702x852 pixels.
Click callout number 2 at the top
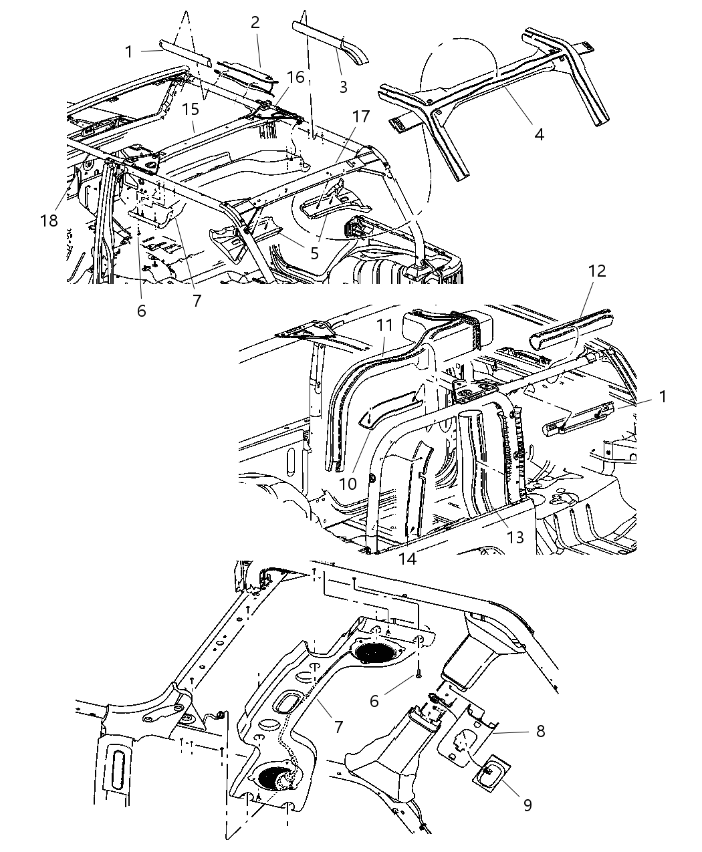pos(255,23)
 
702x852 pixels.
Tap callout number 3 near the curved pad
pos(343,86)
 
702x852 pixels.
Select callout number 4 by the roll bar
pos(538,134)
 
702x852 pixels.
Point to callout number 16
pos(295,78)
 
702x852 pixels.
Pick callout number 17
pos(361,117)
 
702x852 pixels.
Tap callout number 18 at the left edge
pos(49,221)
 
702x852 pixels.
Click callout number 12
pos(597,271)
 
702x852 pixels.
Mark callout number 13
pos(515,537)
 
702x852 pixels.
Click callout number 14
pos(407,559)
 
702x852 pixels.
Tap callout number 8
pos(540,731)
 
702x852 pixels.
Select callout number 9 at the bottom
pos(527,805)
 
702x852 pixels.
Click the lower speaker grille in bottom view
pos(277,778)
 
